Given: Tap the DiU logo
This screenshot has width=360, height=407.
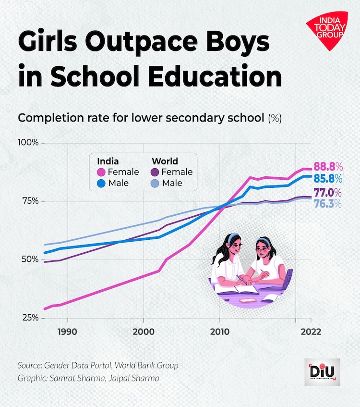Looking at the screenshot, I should coord(322,371).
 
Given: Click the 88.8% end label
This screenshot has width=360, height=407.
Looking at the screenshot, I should coord(328,167).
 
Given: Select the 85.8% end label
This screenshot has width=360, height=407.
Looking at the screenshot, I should coord(328,179).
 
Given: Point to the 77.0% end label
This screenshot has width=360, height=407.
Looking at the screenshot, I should coord(328,193).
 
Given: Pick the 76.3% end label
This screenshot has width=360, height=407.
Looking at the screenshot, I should coord(328,204).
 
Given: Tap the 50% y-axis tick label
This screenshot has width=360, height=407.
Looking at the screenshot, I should coord(30,259).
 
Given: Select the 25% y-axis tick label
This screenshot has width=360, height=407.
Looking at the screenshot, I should coord(30,318).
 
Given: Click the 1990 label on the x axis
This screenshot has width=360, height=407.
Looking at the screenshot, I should coord(68,332).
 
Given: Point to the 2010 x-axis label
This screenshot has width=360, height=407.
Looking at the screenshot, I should coord(219,332).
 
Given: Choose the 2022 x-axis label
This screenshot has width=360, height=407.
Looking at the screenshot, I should coord(310,332).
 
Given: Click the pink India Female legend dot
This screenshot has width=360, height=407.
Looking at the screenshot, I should coord(101,172).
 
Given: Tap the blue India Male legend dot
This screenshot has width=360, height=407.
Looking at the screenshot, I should coord(101,183).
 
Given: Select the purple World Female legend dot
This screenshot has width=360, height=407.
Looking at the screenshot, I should coord(156,172).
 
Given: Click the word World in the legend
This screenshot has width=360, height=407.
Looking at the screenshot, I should coord(165,161).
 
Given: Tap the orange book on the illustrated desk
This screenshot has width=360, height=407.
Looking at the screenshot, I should coord(248,300).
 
